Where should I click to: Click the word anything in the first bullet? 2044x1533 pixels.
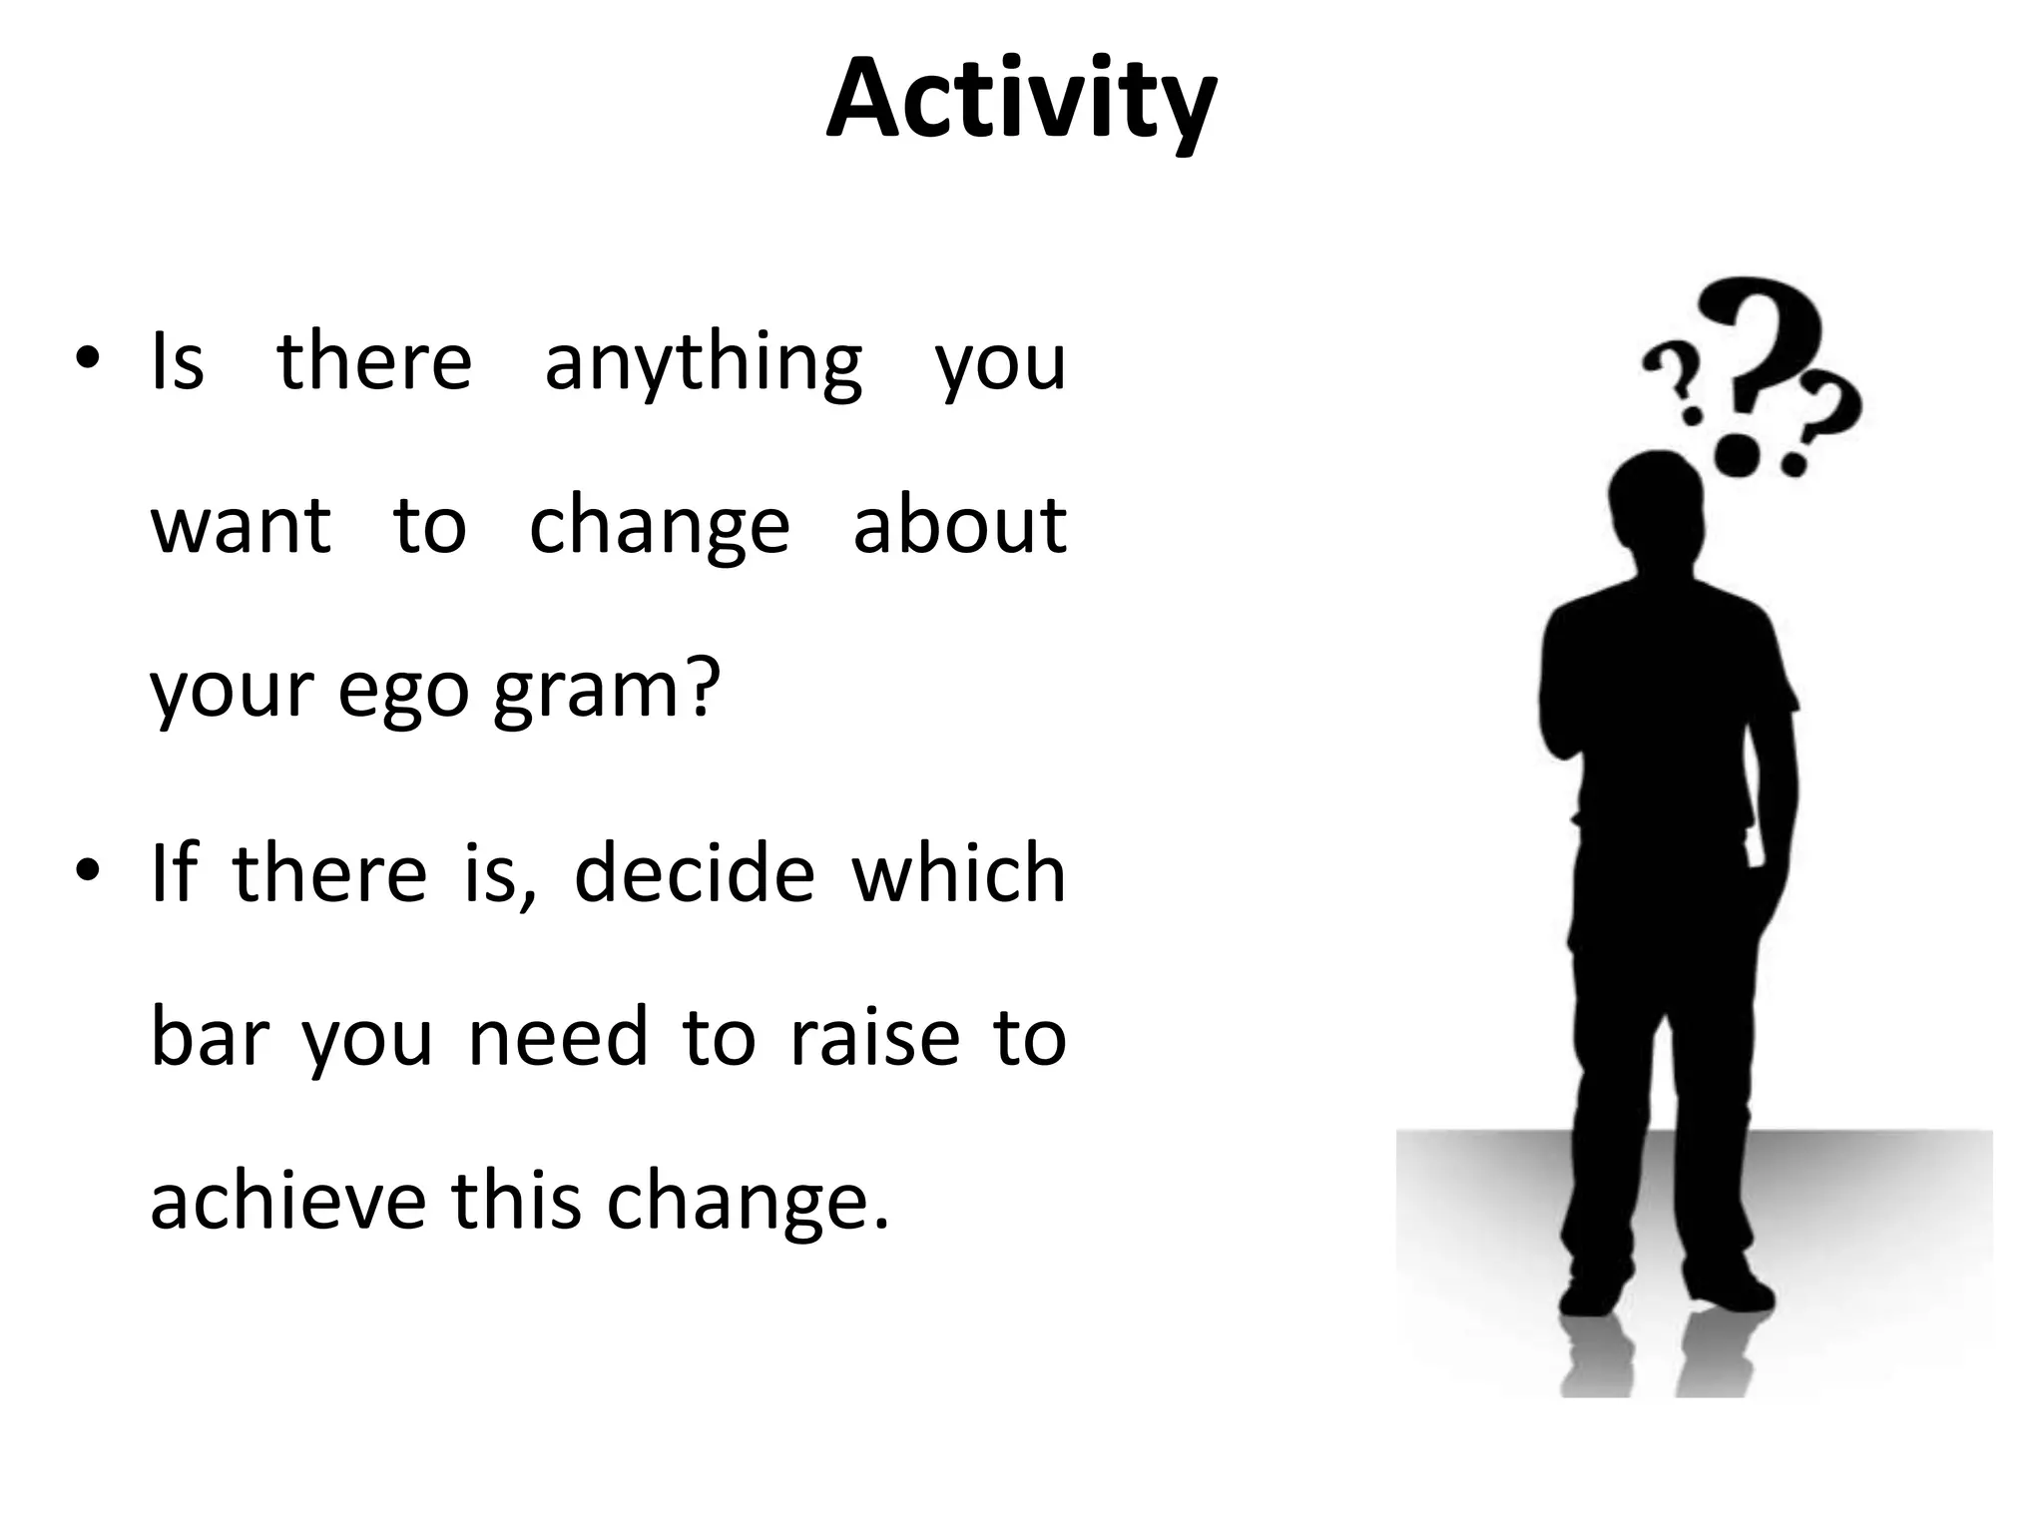pyautogui.click(x=703, y=363)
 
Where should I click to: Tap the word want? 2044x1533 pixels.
pyautogui.click(x=240, y=526)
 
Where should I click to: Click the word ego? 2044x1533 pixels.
pyautogui.click(x=402, y=692)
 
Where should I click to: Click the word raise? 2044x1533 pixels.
pyautogui.click(x=874, y=1037)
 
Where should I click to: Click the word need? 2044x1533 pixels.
pyautogui.click(x=559, y=1037)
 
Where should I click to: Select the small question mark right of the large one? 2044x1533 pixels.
pyautogui.click(x=1821, y=419)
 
